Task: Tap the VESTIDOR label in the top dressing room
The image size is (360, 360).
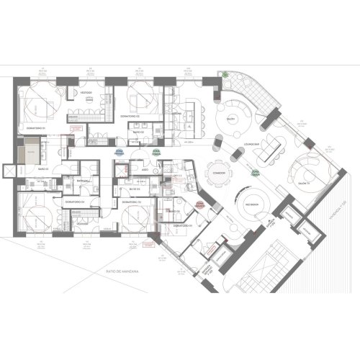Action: (85, 93)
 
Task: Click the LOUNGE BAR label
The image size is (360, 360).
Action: (254, 143)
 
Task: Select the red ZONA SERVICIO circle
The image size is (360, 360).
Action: (199, 206)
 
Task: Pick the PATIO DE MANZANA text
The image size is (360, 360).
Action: (122, 270)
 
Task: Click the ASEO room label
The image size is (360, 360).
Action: (145, 171)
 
